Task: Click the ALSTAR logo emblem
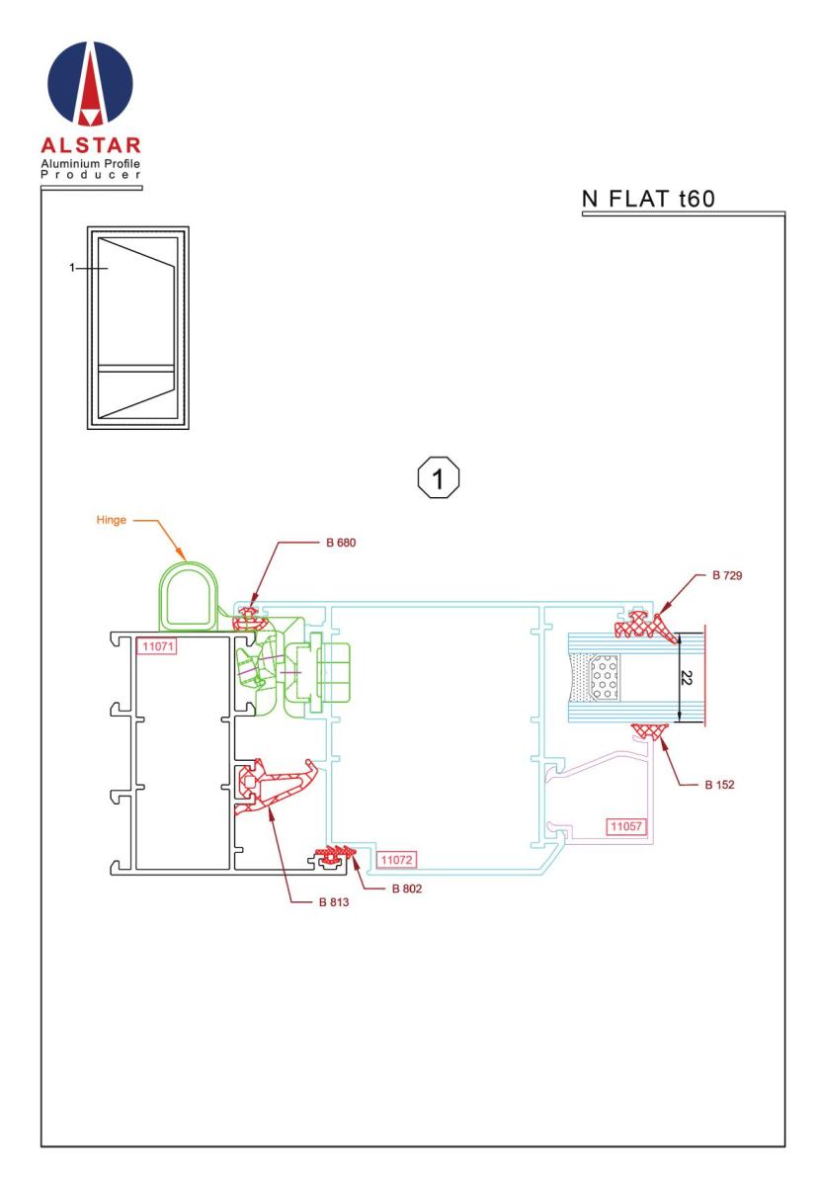coord(90,84)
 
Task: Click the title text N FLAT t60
coord(648,199)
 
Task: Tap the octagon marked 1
coord(439,477)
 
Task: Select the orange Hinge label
coord(112,520)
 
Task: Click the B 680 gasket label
coord(341,543)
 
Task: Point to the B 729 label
coord(727,575)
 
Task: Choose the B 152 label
coord(719,785)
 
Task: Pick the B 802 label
coord(407,889)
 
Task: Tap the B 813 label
coord(334,902)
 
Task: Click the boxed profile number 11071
coord(157,646)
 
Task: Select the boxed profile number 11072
coord(396,859)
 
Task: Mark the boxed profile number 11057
coord(625,826)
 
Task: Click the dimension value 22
coord(686,677)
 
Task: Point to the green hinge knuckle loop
coord(160,598)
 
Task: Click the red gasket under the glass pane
coord(652,731)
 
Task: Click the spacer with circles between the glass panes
coord(604,678)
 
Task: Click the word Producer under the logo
coord(91,175)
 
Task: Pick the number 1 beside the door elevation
coord(72,268)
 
